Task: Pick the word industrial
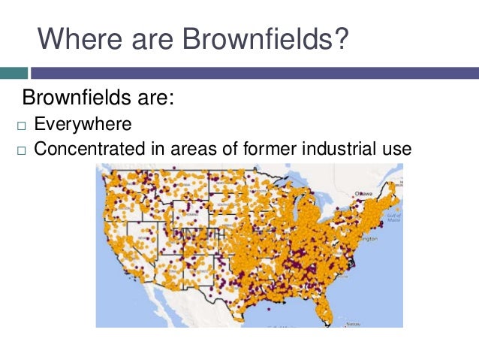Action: tap(336, 148)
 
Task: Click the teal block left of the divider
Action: tap(14, 73)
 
